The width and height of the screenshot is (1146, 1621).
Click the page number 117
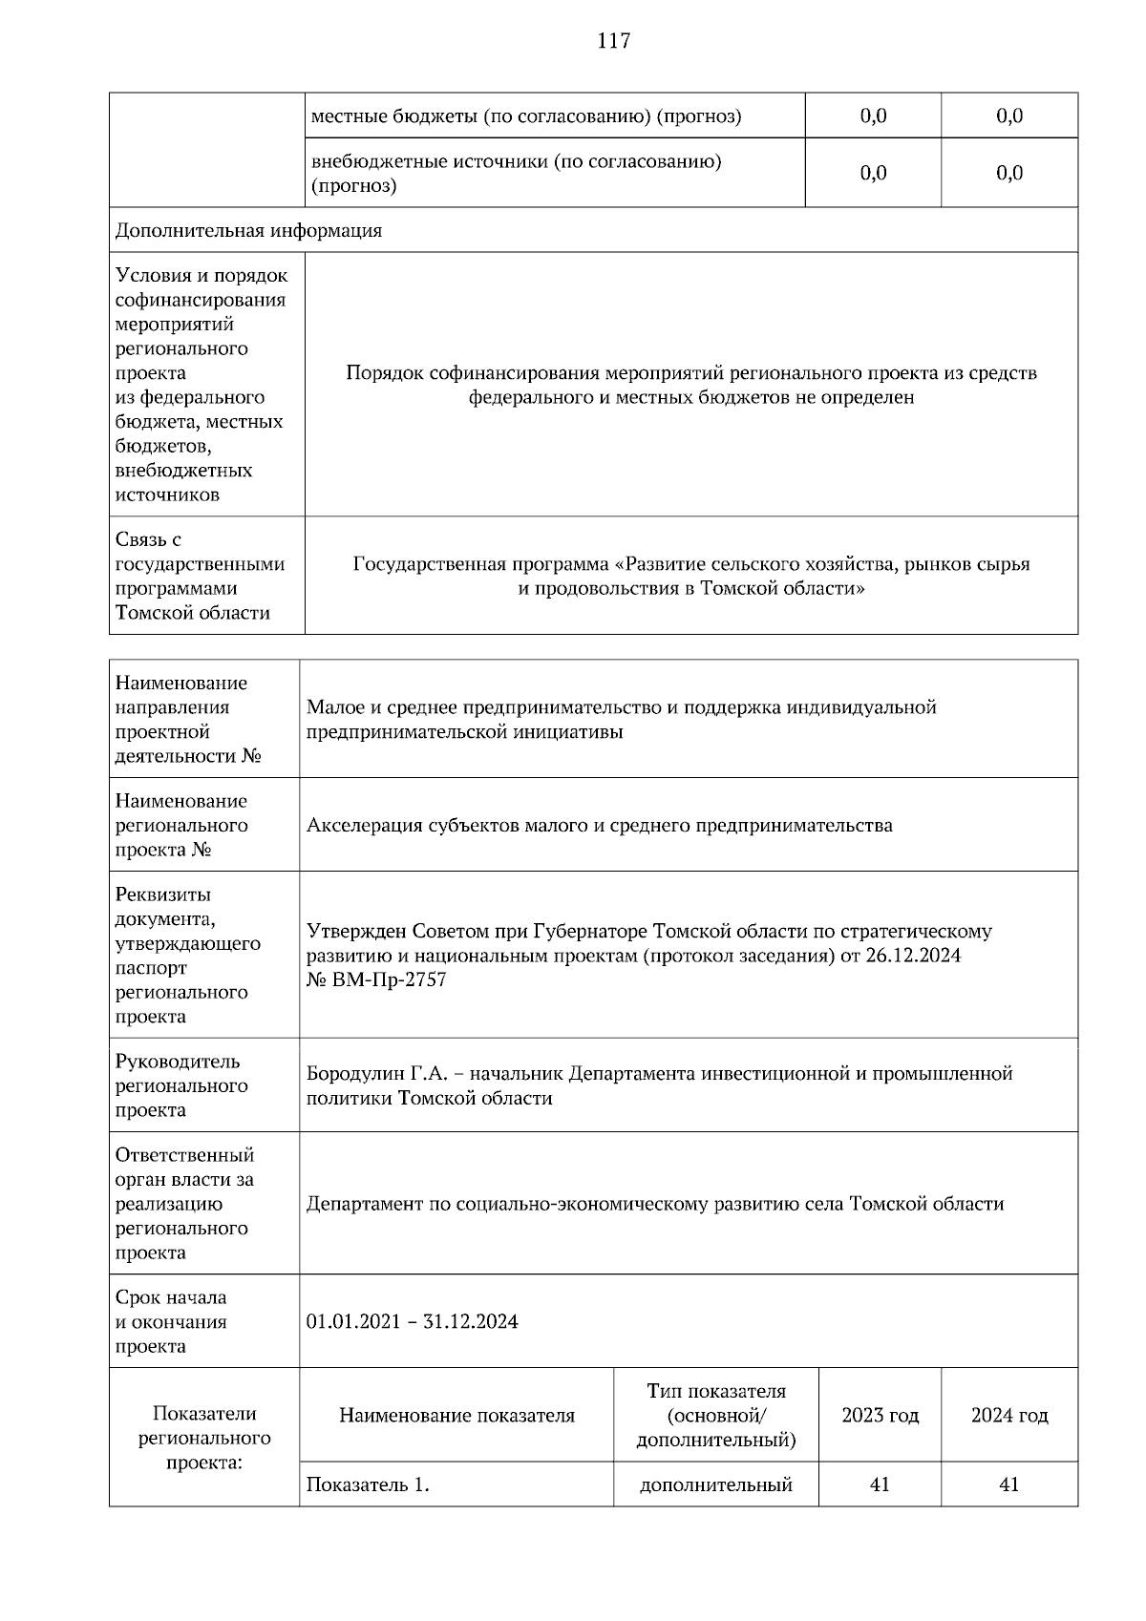tap(614, 41)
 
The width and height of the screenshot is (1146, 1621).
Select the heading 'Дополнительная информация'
tap(248, 231)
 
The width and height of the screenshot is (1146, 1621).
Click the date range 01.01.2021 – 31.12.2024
tap(412, 1322)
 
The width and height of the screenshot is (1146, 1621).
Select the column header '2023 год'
tap(880, 1416)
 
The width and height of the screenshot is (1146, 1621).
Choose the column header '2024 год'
tap(1009, 1416)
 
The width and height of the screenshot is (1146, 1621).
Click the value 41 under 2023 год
tap(880, 1485)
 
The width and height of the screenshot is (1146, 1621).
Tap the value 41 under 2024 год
tap(1009, 1485)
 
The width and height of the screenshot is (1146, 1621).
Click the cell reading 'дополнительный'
tap(715, 1485)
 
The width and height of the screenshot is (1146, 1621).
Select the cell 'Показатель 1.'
tap(367, 1485)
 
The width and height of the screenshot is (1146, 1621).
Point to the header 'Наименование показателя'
tap(456, 1416)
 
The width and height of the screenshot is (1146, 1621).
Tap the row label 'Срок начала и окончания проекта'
tap(172, 1322)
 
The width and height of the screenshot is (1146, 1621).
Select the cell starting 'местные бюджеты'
tap(525, 116)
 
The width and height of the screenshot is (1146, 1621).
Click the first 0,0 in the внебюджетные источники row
tap(873, 173)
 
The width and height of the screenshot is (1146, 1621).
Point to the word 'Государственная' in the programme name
tap(429, 564)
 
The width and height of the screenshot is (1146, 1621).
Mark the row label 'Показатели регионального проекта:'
tap(204, 1438)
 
